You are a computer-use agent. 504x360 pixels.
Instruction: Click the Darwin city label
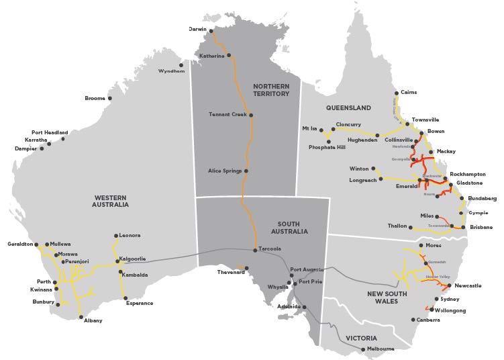198,30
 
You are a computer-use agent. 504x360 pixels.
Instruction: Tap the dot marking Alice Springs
246,171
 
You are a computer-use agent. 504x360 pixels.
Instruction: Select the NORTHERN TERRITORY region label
271,90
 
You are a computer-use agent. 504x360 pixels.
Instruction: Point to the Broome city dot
110,99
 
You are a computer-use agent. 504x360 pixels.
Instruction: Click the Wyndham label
171,71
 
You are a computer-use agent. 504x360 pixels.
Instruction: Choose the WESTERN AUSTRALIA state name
111,201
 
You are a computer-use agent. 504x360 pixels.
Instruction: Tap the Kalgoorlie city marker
115,259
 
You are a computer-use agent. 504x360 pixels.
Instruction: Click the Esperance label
140,303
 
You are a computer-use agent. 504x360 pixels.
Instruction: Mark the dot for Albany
81,317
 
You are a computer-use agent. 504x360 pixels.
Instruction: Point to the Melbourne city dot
363,349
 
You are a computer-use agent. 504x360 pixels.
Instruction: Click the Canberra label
427,320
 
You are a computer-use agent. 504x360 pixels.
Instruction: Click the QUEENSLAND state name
348,107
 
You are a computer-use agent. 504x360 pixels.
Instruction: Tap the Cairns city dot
397,93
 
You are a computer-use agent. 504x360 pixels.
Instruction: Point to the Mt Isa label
309,128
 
